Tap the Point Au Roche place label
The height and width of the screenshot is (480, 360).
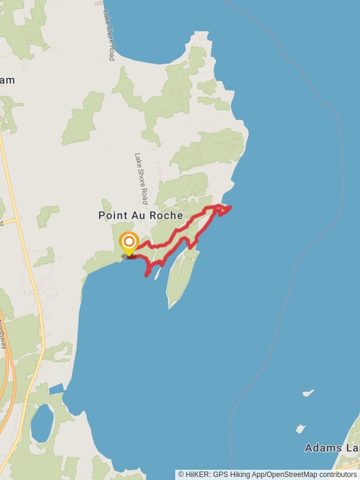pos(141,215)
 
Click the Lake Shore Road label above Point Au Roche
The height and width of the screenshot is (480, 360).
pos(140,179)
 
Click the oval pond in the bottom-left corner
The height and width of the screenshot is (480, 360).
pos(42,422)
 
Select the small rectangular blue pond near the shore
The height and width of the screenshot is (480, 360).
pos(56,389)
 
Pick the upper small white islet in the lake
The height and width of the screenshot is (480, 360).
pos(308,394)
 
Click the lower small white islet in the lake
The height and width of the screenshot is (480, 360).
pos(300,429)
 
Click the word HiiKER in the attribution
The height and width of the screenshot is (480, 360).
pos(197,474)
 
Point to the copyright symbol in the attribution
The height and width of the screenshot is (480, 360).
pos(181,474)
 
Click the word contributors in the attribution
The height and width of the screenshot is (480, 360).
pos(337,474)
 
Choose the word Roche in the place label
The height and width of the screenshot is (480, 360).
pos(167,215)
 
